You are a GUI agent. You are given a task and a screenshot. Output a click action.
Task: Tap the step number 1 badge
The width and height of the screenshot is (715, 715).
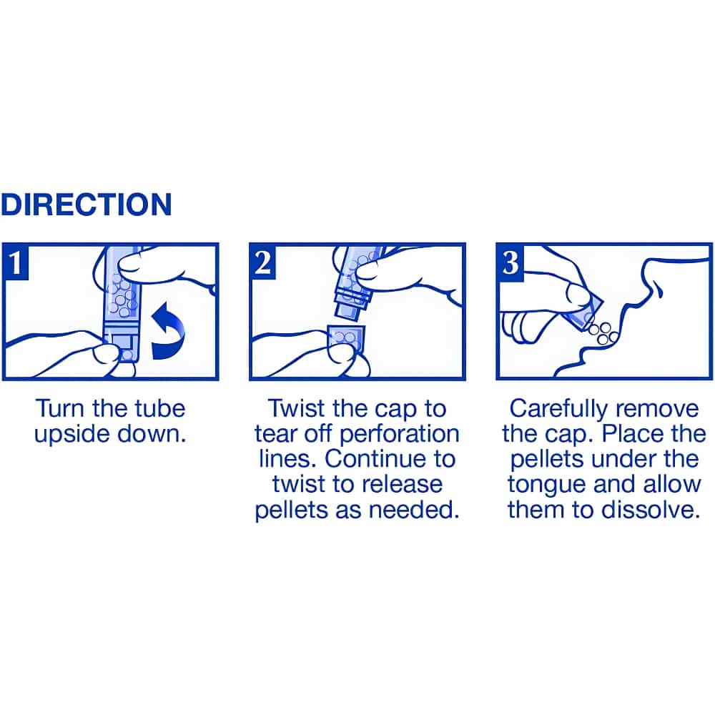click(16, 262)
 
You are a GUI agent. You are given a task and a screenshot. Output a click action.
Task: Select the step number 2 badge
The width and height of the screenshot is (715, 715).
click(263, 262)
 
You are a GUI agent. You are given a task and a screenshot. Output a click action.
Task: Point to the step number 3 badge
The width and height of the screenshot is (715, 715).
click(511, 262)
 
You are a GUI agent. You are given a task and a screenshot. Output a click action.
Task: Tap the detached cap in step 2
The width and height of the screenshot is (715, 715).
click(347, 339)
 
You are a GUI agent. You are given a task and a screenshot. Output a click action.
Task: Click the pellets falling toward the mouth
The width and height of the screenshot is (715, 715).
click(602, 333)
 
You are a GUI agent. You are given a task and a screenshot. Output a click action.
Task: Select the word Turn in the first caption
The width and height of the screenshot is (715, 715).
click(60, 408)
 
